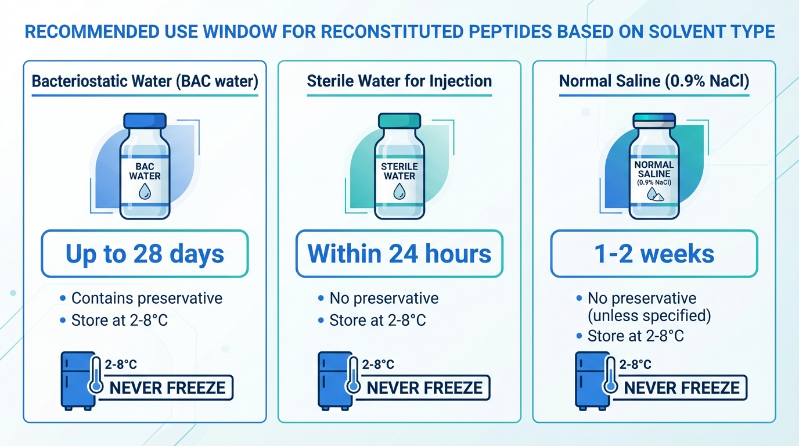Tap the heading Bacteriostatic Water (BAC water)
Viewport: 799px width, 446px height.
(145, 81)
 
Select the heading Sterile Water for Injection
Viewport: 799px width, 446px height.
(399, 81)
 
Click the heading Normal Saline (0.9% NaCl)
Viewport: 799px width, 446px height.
(654, 81)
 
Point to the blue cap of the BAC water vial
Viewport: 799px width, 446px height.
(145, 121)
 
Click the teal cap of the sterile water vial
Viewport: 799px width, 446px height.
(399, 121)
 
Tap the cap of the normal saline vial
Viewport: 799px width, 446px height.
(654, 121)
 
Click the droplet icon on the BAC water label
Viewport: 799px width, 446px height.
(145, 191)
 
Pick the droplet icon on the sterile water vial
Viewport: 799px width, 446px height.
(399, 191)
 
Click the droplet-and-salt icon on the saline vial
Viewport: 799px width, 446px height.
(655, 195)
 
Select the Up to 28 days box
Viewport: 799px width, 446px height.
(145, 254)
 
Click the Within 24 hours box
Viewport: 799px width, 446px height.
(399, 254)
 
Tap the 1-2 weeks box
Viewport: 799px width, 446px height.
(654, 254)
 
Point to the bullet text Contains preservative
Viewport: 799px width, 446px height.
(146, 298)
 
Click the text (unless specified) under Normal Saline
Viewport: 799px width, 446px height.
(649, 315)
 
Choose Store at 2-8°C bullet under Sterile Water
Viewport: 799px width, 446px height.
(377, 320)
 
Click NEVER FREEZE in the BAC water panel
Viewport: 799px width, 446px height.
(167, 388)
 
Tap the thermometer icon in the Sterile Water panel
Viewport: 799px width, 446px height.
(353, 375)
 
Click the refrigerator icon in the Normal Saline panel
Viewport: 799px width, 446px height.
(592, 381)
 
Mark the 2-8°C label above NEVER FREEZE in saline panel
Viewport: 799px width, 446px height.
(635, 364)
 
